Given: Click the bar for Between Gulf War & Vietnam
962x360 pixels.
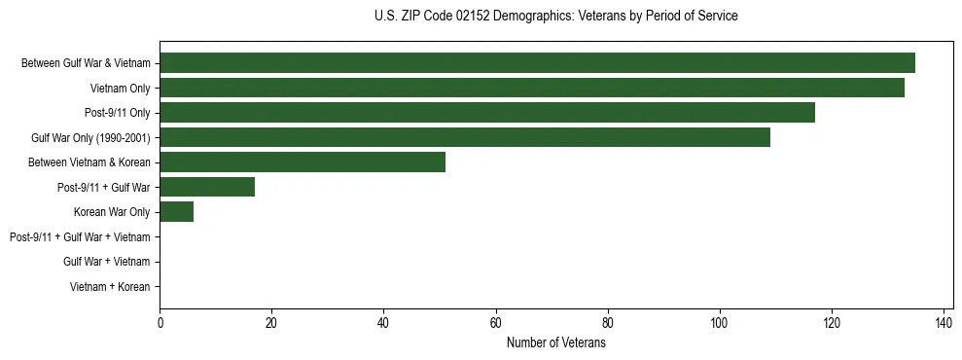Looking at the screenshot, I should point(537,63).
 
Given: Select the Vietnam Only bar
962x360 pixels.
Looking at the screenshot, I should point(532,88).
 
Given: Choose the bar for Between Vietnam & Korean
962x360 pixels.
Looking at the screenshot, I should point(303,162).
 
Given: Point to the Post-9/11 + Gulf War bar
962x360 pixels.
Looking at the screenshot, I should point(207,187).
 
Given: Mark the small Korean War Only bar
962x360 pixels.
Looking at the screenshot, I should point(176,212).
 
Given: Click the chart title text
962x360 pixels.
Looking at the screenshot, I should point(555,17).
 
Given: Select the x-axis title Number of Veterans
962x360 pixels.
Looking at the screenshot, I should point(555,343).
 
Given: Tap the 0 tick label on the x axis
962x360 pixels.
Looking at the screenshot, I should point(160,323).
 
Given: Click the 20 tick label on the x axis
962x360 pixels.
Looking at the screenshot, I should point(271,323).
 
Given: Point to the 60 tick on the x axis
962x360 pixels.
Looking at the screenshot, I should point(495,323).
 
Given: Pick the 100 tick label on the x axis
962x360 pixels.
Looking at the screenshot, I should point(720,323).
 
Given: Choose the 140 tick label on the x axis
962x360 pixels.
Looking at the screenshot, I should point(944,323).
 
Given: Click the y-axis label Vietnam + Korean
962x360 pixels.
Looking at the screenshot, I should point(110,287).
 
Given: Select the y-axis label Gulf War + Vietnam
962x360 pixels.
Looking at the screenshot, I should point(106,262).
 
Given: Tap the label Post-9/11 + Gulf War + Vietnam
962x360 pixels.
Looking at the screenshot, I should point(80,237).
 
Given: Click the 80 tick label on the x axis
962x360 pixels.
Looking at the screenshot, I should point(608,323).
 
